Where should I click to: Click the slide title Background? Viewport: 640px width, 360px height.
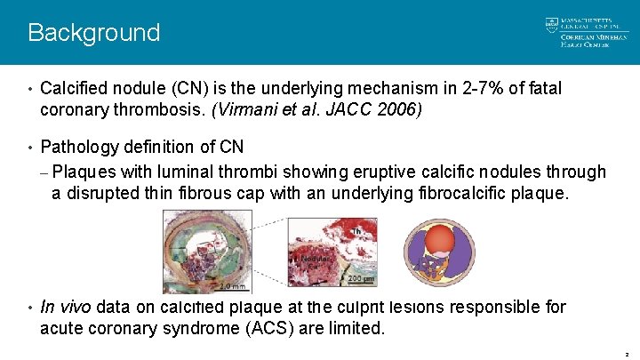coord(93,33)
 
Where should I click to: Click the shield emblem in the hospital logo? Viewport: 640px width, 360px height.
coord(551,25)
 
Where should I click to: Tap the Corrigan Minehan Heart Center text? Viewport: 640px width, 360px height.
coord(585,40)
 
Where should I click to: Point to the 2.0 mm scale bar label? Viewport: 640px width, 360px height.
coord(232,286)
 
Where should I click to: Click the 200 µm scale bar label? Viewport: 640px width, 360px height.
coord(359,279)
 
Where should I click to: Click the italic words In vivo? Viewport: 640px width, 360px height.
coord(66,308)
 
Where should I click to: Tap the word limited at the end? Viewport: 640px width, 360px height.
coord(355,328)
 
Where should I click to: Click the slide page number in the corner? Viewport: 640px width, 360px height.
coord(627,354)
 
